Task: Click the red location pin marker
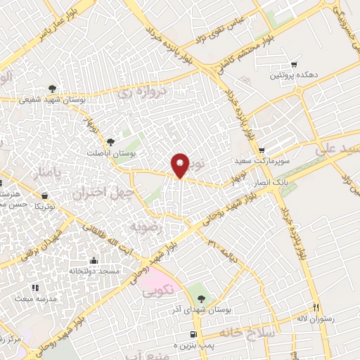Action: [x=181, y=165]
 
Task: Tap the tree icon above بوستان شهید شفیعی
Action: [x=52, y=89]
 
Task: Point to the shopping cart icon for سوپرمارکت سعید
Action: [x=262, y=150]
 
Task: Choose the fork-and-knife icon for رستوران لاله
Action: [x=316, y=307]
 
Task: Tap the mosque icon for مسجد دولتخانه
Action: [x=94, y=261]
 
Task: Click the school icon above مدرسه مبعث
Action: [x=34, y=288]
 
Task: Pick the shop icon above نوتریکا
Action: [x=45, y=196]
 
